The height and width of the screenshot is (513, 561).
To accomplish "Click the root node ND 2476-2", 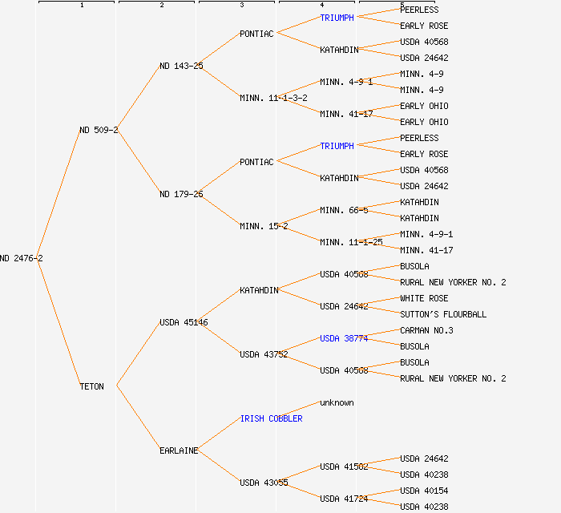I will point(22,258).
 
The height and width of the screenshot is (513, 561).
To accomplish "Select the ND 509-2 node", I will point(99,130).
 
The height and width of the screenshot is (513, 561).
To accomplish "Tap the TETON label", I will point(91,386).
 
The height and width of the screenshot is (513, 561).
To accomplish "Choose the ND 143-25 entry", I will point(181,66).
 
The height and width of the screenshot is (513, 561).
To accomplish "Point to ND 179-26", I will point(181,194).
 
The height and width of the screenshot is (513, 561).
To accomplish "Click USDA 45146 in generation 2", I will point(184,322).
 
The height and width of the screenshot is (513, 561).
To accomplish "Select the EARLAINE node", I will point(179,450).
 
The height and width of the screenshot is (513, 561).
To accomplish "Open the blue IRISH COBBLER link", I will point(271,418).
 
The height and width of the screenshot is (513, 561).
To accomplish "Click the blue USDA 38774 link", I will point(344,338).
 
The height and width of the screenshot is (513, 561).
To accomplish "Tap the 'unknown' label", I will point(337,402).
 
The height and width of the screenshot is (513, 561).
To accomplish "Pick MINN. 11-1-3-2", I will point(273,98).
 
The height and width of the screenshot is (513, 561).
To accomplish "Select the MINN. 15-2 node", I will point(264,226).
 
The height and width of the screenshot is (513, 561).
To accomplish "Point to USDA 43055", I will point(264,483).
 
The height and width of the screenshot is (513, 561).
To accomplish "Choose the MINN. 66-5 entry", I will point(344,210).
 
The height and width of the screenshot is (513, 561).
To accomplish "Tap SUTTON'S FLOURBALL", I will point(443,314).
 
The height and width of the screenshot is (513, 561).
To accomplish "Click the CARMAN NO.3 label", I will point(426,330).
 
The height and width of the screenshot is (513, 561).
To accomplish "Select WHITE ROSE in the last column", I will point(424,298).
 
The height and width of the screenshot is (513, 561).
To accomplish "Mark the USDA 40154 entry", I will point(424,491).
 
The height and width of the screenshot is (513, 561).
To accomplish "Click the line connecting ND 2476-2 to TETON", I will point(61,322).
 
